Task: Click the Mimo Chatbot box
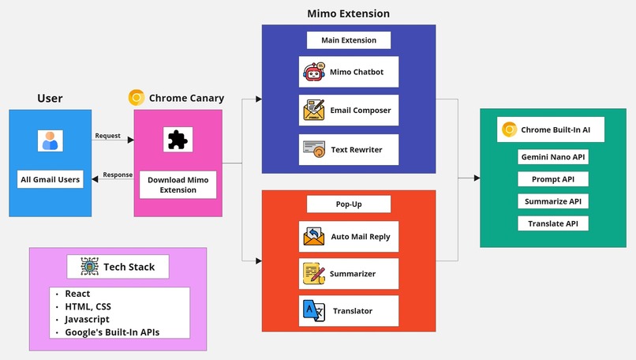[x=349, y=72]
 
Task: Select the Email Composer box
[x=349, y=111]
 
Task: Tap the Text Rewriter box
[x=349, y=149]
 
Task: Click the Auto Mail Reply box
[x=349, y=236]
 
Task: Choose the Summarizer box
[x=349, y=274]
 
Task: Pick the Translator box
[x=349, y=311]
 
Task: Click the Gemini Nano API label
[x=552, y=157]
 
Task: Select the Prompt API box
[x=552, y=179]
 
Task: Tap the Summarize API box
[x=552, y=201]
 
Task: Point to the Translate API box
[x=552, y=223]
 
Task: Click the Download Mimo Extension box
[x=178, y=186]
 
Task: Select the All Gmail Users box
[x=50, y=179]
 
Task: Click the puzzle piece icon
[x=178, y=140]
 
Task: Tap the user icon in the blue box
[x=50, y=141]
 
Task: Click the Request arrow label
[x=107, y=136]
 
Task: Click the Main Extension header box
[x=349, y=40]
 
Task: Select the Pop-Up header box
[x=349, y=204]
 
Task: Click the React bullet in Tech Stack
[x=77, y=294]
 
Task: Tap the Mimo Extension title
[x=348, y=13]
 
